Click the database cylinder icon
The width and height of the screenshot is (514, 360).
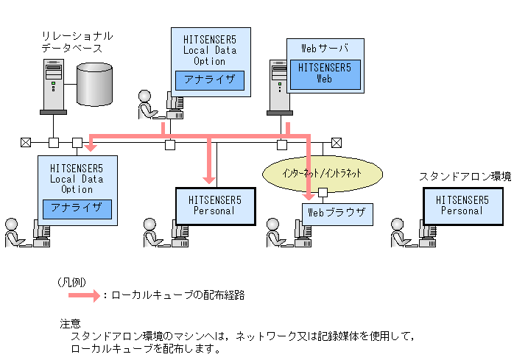(94, 84)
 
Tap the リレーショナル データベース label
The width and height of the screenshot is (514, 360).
(77, 42)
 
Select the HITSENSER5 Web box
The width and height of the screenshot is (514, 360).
(325, 74)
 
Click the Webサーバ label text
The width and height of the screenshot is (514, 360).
(325, 49)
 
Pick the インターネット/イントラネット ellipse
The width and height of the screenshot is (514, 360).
(323, 174)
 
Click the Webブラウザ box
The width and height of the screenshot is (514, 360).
(337, 214)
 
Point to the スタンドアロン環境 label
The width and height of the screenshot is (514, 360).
(465, 177)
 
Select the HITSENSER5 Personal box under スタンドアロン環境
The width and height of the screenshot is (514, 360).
(463, 206)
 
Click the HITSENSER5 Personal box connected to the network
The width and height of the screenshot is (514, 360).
(216, 206)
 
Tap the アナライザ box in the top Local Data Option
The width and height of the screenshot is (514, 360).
(210, 80)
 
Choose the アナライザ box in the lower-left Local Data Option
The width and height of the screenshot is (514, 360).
(77, 209)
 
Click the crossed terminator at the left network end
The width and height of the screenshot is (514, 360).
(26, 142)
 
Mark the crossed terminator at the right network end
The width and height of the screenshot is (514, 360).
(337, 143)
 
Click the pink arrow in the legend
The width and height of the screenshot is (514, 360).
(84, 295)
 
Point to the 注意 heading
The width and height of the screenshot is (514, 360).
(70, 324)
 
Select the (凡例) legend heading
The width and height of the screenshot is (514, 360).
(72, 282)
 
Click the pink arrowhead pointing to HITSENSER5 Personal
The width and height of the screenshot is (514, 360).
(209, 180)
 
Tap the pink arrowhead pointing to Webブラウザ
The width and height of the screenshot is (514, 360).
(309, 197)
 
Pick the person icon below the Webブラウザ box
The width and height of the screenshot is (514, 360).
(276, 233)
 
